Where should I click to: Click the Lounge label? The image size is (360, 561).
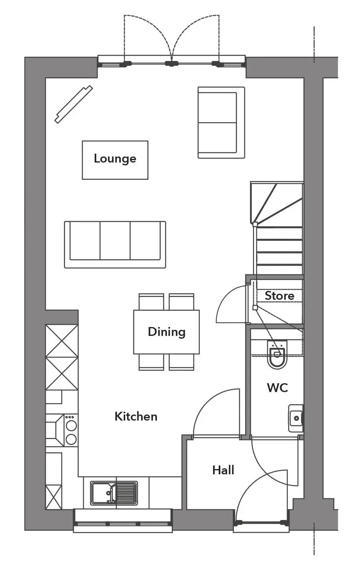coord(115,159)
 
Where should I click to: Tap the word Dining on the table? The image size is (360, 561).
coord(167,332)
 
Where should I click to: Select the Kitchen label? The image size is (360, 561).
coord(136,417)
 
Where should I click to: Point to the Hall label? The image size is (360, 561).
coord(223,470)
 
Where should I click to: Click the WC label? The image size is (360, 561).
coord(278,388)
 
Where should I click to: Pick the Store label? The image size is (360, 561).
coord(280,296)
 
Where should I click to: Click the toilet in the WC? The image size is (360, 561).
coord(277,354)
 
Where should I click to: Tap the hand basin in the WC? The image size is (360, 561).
coord(296,418)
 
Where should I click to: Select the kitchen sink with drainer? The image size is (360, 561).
coord(114,493)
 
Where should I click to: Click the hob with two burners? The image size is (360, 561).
coord(71,430)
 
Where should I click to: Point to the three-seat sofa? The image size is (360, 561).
coord(115,245)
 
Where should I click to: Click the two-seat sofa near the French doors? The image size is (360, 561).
coord(221,122)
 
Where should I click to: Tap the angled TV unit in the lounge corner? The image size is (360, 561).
coord(74,104)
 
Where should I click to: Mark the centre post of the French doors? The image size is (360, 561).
coord(172,63)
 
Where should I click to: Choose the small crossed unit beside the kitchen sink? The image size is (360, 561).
coord(54,497)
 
